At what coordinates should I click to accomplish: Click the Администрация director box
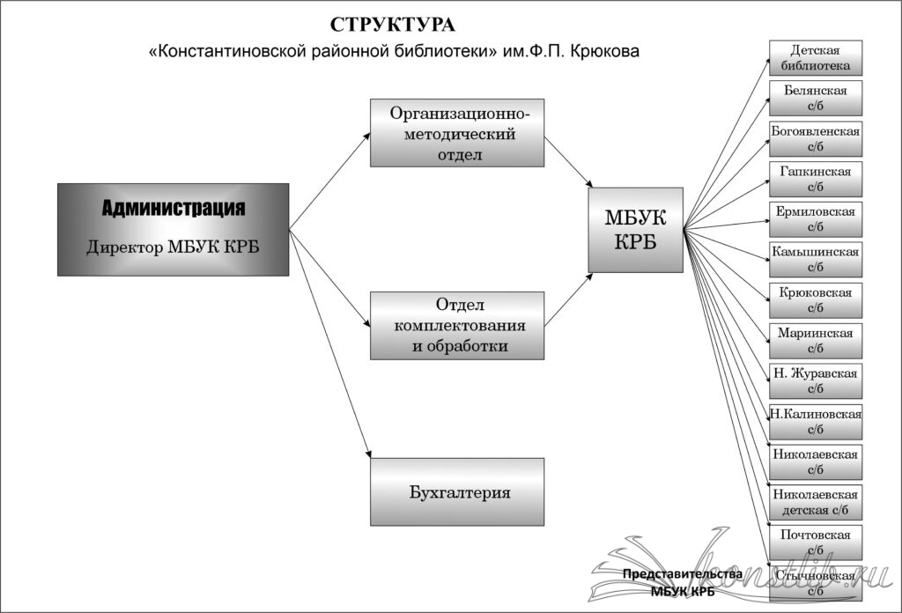click(173, 229)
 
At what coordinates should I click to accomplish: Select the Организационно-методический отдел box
click(457, 132)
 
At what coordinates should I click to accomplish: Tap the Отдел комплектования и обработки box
click(457, 325)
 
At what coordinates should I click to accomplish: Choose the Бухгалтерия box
click(457, 492)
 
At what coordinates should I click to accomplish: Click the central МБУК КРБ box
click(635, 229)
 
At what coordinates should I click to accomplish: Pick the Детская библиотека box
click(815, 58)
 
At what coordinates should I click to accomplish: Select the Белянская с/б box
click(815, 98)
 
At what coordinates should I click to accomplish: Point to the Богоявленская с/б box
click(815, 138)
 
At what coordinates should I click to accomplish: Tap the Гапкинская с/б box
click(815, 179)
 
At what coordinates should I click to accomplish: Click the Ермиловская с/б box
click(815, 219)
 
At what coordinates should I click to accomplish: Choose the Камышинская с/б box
click(815, 260)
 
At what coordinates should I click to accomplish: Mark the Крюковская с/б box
click(815, 300)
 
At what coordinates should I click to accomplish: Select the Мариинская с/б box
click(815, 341)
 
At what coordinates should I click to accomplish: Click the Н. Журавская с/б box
click(815, 381)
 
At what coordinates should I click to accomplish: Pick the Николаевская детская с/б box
click(815, 502)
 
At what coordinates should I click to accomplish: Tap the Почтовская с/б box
click(815, 543)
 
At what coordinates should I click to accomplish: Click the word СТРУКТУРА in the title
click(393, 24)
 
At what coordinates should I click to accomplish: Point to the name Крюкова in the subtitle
click(606, 52)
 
